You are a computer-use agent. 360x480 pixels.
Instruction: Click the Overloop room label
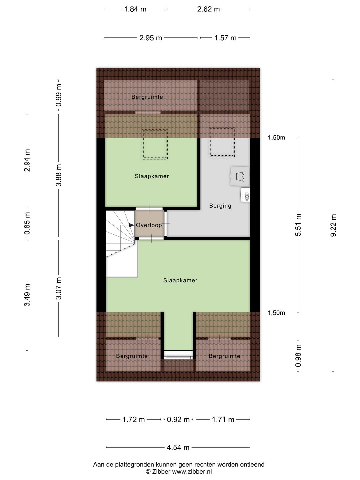pos(149,225)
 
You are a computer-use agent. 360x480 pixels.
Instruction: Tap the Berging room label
pos(220,206)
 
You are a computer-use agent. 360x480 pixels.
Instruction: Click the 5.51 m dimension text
pos(298,225)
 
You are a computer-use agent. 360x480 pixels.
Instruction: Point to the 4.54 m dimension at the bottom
pos(178,447)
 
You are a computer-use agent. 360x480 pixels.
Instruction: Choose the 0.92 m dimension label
pos(178,419)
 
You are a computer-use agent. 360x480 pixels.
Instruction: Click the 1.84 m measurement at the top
pos(135,9)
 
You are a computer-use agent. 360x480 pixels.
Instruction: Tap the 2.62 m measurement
pos(208,9)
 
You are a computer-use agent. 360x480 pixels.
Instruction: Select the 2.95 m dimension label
pos(151,38)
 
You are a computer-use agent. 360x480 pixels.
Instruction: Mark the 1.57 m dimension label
pos(225,38)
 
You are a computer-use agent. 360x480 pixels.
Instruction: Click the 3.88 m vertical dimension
pos(59,175)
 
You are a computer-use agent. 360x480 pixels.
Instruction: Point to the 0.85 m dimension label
pos(27,223)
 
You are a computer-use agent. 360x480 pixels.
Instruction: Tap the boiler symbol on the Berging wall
pos(246,194)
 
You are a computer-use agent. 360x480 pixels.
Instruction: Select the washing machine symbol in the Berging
pos(240,176)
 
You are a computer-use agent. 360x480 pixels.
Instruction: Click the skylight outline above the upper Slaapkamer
pos(155,144)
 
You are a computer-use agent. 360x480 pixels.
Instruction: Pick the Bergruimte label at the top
pos(147,97)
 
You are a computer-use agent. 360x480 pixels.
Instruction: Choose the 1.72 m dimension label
pos(133,419)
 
